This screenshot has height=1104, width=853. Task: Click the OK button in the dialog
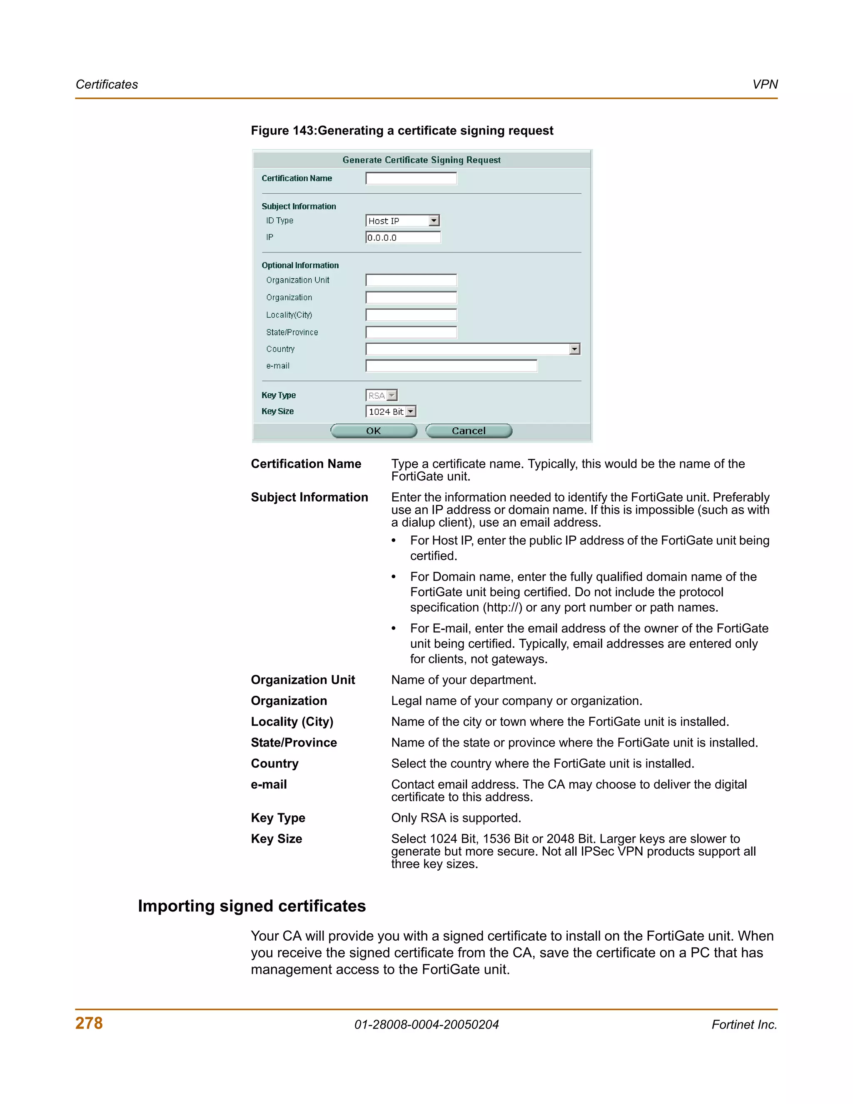click(x=374, y=431)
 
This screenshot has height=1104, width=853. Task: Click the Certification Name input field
click(x=411, y=178)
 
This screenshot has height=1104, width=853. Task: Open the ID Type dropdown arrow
click(x=434, y=221)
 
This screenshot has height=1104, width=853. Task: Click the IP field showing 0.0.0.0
click(x=403, y=237)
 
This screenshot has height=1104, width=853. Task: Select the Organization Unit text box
click(x=411, y=280)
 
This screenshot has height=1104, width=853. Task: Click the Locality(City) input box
click(x=411, y=315)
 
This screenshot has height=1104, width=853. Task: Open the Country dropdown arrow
click(x=574, y=349)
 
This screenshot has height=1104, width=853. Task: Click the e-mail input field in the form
click(x=451, y=366)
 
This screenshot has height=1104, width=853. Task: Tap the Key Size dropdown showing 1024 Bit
click(x=390, y=412)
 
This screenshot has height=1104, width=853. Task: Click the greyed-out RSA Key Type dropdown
click(x=382, y=395)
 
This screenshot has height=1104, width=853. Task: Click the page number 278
click(x=89, y=1023)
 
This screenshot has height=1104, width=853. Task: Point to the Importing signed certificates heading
click(x=252, y=906)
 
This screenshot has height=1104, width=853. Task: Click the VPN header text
click(x=765, y=85)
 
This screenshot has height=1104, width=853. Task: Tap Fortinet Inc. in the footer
click(x=744, y=1025)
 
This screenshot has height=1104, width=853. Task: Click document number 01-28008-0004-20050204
click(x=426, y=1025)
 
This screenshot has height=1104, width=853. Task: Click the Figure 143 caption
click(x=402, y=130)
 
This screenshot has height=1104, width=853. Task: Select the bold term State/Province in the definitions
click(x=294, y=742)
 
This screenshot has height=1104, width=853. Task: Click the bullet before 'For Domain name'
click(x=394, y=577)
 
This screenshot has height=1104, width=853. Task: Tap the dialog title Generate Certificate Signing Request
click(x=422, y=160)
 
